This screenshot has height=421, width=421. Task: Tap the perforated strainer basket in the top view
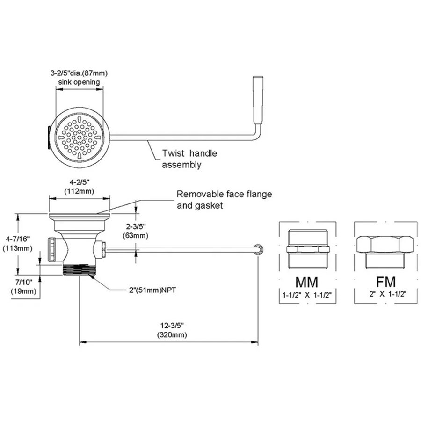click(x=80, y=134)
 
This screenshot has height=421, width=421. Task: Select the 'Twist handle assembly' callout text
click(x=189, y=159)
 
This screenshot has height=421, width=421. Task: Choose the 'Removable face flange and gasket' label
click(x=224, y=200)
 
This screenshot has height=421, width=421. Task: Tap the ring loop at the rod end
click(x=257, y=248)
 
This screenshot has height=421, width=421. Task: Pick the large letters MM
click(x=307, y=282)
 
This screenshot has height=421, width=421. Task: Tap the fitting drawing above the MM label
click(x=307, y=248)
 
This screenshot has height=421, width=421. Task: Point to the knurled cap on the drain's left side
click(x=52, y=249)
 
